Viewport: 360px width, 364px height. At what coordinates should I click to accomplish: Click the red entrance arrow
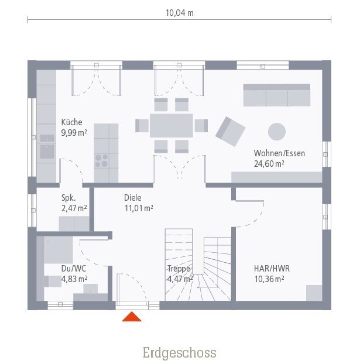(132, 317)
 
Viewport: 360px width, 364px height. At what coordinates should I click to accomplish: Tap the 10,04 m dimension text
(180, 13)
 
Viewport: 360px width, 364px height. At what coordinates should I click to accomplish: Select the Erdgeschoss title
(180, 353)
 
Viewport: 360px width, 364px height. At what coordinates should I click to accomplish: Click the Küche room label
(72, 122)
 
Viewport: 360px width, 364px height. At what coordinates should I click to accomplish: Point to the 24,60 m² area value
(269, 164)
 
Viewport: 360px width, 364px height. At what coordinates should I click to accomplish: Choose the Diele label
(133, 198)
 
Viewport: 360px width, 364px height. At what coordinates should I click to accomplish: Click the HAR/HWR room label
(272, 269)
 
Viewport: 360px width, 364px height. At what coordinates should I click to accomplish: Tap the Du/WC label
(74, 269)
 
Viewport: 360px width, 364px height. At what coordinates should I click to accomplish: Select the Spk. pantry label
(68, 198)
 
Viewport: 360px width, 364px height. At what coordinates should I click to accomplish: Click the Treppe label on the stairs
(179, 269)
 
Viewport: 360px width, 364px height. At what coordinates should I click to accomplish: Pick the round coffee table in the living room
(277, 132)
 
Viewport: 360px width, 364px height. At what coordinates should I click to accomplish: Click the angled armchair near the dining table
(231, 132)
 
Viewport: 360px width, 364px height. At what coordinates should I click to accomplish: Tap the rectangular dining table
(172, 126)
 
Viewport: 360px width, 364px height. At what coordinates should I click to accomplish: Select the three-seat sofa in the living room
(277, 95)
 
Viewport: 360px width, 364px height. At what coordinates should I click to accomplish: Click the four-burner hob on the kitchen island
(101, 161)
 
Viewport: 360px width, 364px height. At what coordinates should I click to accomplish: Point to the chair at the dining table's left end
(142, 126)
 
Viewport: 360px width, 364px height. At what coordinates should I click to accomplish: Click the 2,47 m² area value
(74, 208)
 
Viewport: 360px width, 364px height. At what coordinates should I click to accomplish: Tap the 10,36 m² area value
(269, 279)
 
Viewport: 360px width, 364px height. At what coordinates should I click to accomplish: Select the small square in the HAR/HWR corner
(314, 293)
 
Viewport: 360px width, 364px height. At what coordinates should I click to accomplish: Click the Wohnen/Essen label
(279, 153)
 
